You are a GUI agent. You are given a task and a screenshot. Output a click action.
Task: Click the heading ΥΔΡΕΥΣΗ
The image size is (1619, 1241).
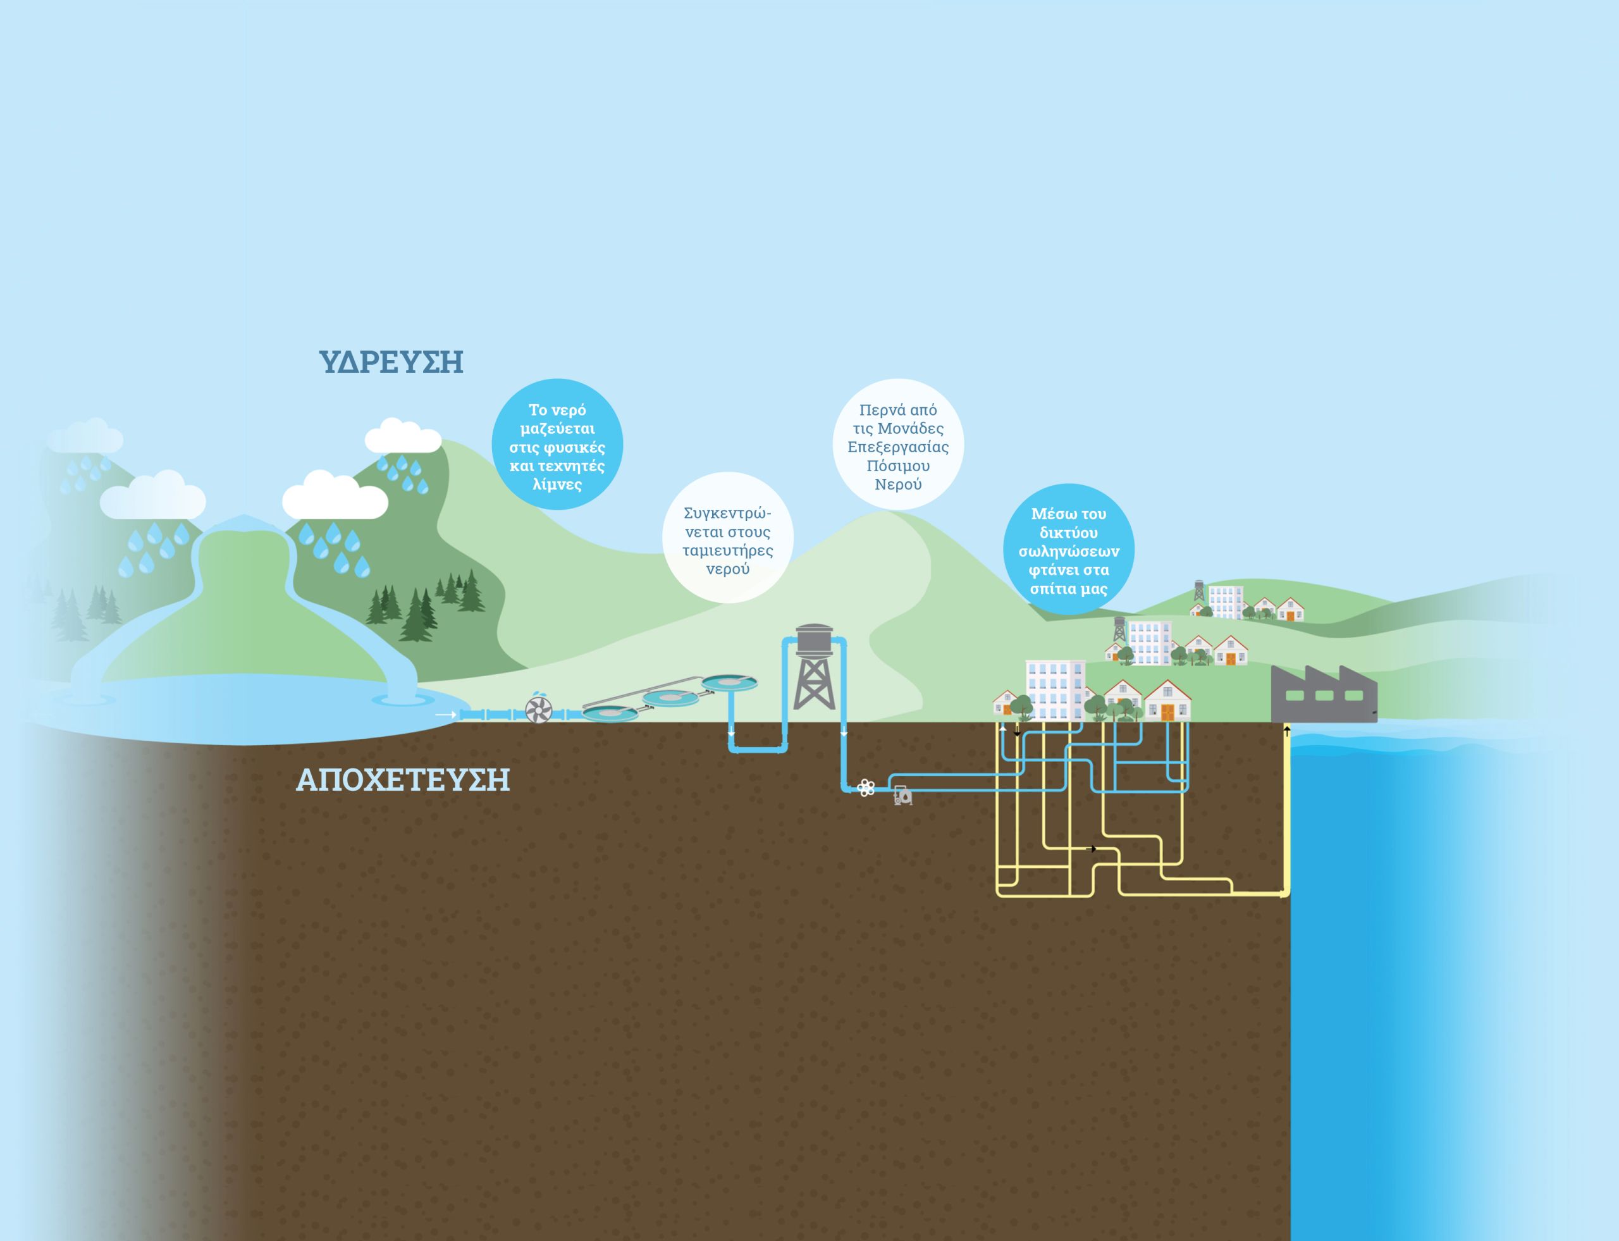[391, 362]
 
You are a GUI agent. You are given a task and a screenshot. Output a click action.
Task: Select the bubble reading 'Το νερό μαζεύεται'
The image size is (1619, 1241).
[557, 446]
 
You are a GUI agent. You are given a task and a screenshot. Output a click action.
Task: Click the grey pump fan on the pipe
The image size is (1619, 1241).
[538, 710]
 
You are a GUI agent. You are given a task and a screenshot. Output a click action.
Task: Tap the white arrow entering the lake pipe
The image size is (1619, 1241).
[445, 715]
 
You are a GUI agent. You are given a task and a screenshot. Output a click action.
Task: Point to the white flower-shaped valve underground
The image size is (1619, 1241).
[866, 788]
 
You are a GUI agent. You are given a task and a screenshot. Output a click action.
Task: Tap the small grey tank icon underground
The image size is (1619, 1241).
[902, 796]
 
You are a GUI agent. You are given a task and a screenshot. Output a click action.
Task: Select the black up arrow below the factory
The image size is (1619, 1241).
[1286, 731]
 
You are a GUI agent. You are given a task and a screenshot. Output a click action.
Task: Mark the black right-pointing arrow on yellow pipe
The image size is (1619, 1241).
[1092, 849]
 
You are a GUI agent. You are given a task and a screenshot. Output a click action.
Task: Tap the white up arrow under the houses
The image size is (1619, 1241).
[1002, 727]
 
